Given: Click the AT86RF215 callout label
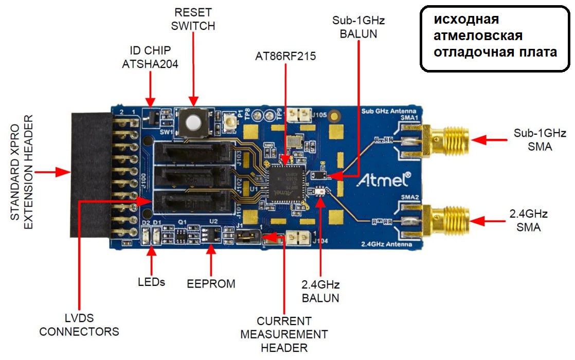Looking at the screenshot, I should [x=285, y=56].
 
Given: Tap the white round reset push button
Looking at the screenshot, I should [x=193, y=123].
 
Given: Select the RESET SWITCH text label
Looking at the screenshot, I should [x=194, y=19].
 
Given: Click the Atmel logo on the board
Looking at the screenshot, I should [x=384, y=180].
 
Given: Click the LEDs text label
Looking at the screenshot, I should [x=151, y=282].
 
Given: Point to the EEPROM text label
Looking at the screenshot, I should [x=211, y=283].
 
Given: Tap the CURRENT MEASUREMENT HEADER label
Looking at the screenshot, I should [x=284, y=334].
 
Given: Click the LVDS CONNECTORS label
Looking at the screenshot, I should [x=79, y=325].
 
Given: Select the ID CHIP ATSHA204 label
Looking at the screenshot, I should [x=150, y=57].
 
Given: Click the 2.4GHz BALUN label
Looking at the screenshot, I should [x=320, y=291].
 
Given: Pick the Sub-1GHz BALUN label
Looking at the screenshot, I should [x=358, y=27].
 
